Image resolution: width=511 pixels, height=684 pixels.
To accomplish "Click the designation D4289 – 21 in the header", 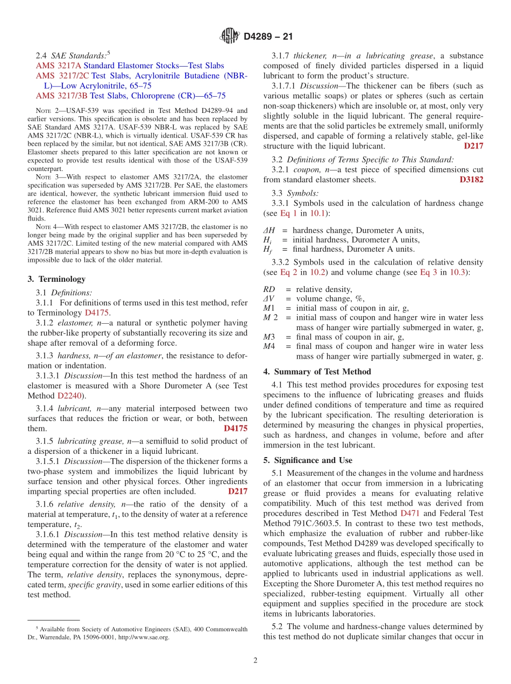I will click(268, 37).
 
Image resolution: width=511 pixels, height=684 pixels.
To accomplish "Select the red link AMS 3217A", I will click(58, 66).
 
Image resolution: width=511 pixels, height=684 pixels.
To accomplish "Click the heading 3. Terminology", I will click(56, 279).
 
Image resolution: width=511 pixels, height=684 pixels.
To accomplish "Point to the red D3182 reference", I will click(471, 180).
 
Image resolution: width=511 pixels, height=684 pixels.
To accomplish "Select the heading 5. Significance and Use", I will click(308, 460).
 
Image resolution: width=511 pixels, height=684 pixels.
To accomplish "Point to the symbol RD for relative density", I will click(269, 289).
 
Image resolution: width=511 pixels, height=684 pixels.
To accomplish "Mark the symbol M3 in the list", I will click(269, 337).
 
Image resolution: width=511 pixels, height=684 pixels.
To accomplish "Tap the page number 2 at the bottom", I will click(256, 660).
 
